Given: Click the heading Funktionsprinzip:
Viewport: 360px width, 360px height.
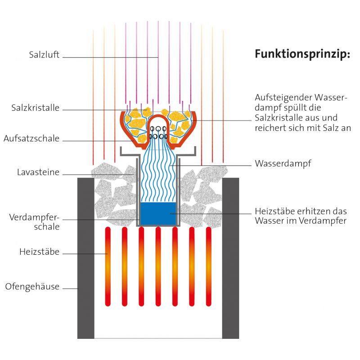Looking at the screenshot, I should (302, 54).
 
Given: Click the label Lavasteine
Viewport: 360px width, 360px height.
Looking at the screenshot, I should (38, 172).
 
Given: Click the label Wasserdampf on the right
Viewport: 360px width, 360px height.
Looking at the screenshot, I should (283, 163).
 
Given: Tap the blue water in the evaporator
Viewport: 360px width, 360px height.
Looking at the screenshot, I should (157, 214).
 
